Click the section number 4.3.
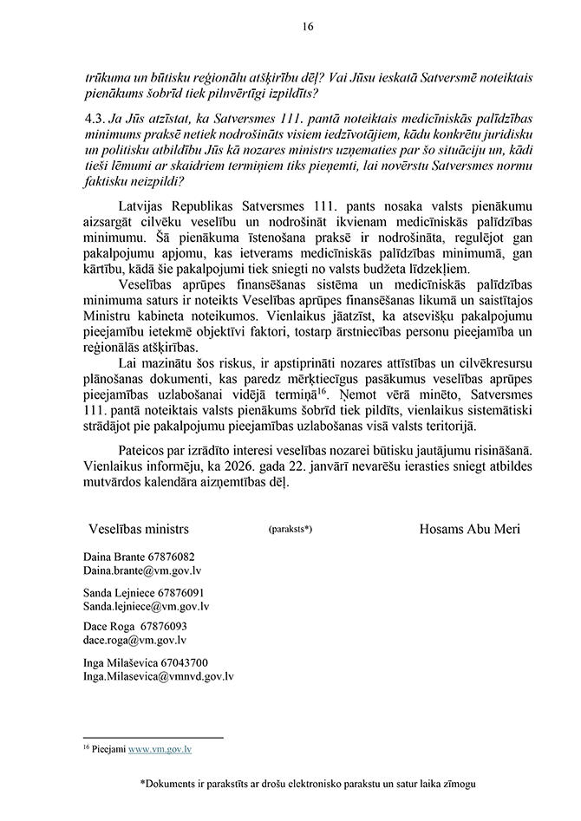pos(93,121)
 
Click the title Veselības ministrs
pos(139,528)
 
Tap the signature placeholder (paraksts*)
pos(290,529)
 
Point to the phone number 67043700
pos(180,661)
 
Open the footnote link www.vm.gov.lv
pos(160,747)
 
